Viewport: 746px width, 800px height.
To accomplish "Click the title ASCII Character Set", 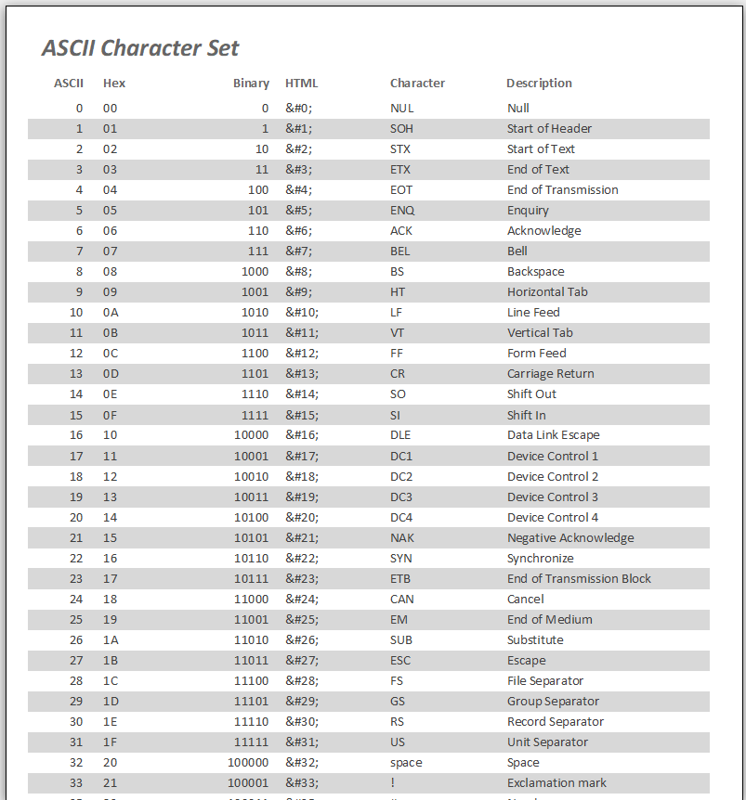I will click(x=140, y=48).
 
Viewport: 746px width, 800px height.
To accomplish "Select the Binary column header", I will click(x=251, y=83).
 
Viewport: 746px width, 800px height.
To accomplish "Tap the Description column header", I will click(x=539, y=83).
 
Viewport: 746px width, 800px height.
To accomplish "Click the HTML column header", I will click(x=301, y=83).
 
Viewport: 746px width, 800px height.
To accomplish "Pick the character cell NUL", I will click(x=401, y=108).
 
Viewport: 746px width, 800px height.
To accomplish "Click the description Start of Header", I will click(x=549, y=128).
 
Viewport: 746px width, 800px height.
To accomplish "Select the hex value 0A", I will click(x=111, y=312).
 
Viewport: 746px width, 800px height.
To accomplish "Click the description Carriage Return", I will click(x=550, y=373).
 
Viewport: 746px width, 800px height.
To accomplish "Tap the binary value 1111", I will click(x=254, y=415).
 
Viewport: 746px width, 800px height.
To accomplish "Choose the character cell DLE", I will click(x=400, y=434).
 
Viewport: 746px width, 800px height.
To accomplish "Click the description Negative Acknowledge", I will click(x=570, y=537).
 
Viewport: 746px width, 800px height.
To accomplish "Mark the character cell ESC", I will click(x=400, y=660).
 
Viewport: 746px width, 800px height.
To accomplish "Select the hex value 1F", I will click(x=111, y=742).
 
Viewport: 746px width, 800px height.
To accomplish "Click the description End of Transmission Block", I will click(x=579, y=578).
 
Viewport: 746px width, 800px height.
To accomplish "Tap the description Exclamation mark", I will click(x=556, y=782).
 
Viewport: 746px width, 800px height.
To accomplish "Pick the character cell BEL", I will click(x=400, y=251).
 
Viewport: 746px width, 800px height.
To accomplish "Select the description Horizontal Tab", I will click(x=547, y=291).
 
